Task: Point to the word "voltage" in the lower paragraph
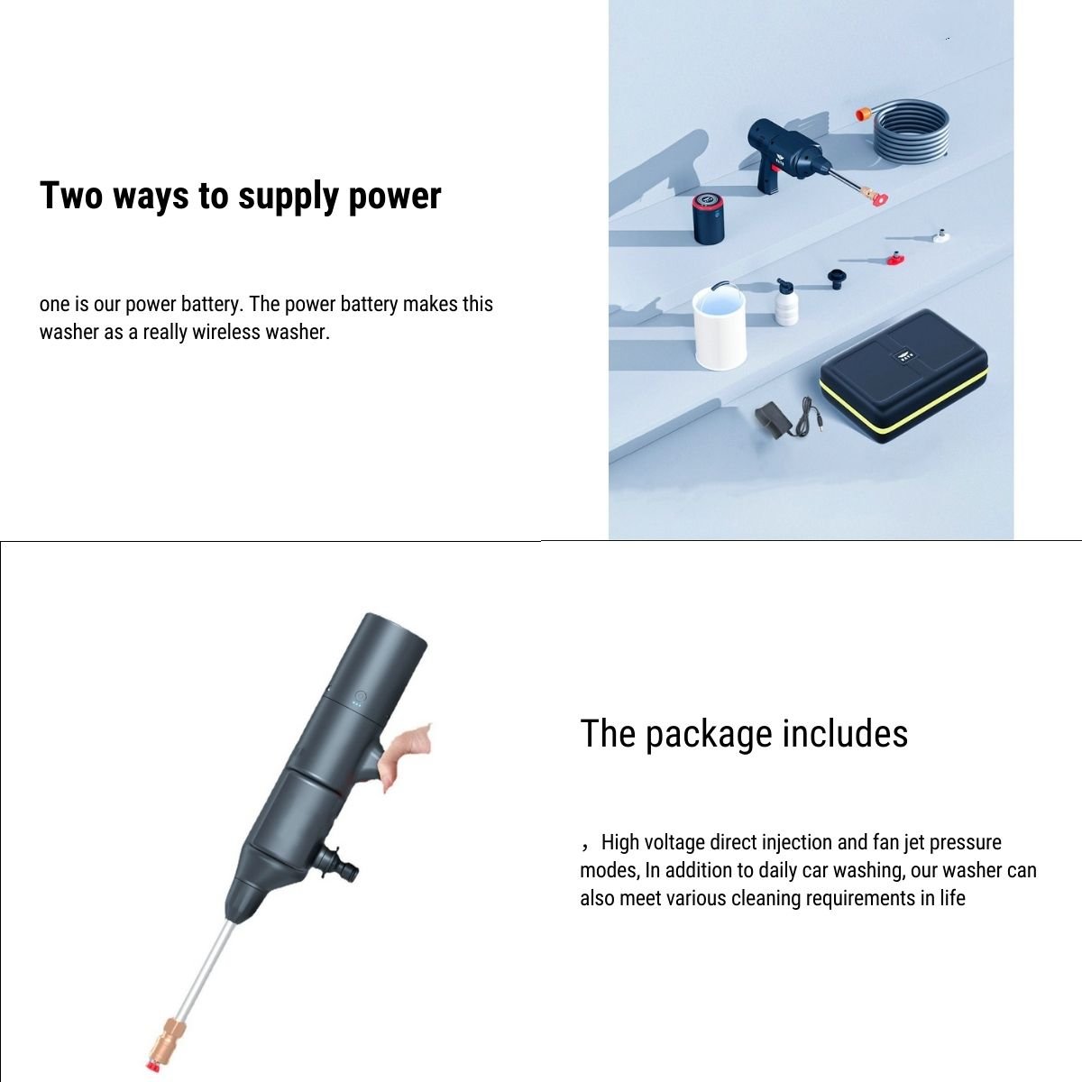674,842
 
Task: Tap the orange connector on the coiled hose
863,113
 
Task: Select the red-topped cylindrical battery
711,217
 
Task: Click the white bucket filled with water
718,326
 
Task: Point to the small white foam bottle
788,302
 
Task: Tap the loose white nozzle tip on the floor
941,235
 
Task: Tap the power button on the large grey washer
361,696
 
